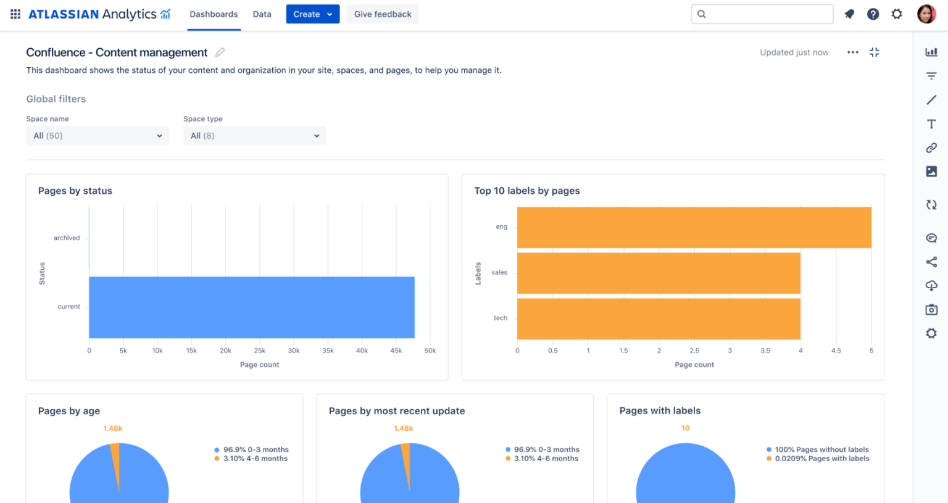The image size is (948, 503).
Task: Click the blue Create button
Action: click(312, 14)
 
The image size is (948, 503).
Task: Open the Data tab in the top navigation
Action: click(262, 14)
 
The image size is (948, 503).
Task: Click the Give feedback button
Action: click(382, 14)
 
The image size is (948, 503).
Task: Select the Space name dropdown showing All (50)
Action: click(98, 136)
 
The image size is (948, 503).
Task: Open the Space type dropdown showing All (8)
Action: click(254, 136)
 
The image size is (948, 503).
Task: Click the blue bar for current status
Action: click(251, 307)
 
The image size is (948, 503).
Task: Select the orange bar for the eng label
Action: click(694, 228)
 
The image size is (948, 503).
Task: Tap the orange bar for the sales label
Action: click(658, 273)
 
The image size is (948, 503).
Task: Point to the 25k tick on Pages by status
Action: click(260, 351)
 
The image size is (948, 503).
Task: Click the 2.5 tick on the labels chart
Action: click(694, 351)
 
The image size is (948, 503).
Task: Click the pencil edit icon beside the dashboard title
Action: click(220, 52)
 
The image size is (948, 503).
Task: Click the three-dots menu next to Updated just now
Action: click(852, 52)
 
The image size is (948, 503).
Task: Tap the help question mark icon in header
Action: click(873, 14)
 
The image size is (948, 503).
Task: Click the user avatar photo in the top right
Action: click(926, 14)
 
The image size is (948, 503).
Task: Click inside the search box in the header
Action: click(762, 14)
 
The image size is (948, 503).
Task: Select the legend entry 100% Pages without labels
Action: click(821, 450)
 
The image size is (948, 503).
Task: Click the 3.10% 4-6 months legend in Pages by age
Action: click(255, 459)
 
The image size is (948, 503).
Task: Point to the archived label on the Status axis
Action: click(67, 238)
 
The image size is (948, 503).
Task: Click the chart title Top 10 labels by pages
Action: click(526, 191)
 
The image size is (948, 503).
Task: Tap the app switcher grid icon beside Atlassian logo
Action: click(15, 14)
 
